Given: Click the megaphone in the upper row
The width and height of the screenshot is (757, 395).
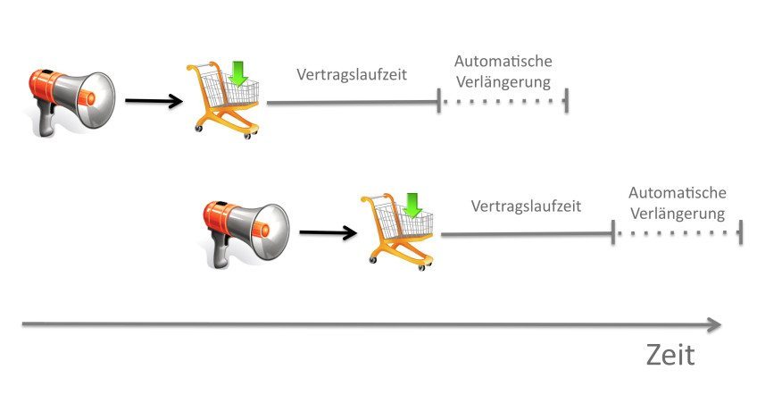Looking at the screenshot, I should [x=71, y=99].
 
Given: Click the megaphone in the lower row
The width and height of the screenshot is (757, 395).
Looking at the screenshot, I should [x=244, y=230].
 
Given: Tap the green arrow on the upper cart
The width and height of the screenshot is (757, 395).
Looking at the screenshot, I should [x=237, y=73].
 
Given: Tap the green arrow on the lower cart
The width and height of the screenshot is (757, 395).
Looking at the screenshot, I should [x=412, y=205].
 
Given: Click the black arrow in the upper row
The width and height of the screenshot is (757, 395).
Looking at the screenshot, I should [x=153, y=101].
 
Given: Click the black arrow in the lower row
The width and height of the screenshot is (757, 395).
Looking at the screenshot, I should [x=327, y=233].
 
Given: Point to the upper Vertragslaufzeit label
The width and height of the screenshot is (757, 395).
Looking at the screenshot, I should [x=352, y=74].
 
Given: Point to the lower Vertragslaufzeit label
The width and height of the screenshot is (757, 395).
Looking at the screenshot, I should [x=526, y=206].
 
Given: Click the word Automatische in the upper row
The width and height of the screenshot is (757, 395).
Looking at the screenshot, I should [x=503, y=61].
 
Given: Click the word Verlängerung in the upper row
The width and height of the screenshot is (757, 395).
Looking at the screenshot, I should [x=503, y=82].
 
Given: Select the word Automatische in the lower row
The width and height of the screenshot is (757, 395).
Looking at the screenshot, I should [x=677, y=192].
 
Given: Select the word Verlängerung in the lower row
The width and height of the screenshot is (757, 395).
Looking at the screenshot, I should [x=677, y=214].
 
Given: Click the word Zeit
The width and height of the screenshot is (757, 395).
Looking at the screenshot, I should [x=670, y=356].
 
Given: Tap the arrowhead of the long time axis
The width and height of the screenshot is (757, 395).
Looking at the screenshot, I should [x=713, y=325].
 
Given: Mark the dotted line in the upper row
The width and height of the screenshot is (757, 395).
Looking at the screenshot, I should [x=503, y=102].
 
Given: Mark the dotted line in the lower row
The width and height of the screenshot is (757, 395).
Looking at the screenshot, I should [x=678, y=234].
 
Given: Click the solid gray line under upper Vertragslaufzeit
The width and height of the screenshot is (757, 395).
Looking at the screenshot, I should [x=352, y=103].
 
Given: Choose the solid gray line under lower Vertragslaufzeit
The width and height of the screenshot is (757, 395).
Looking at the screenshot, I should [x=526, y=234].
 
